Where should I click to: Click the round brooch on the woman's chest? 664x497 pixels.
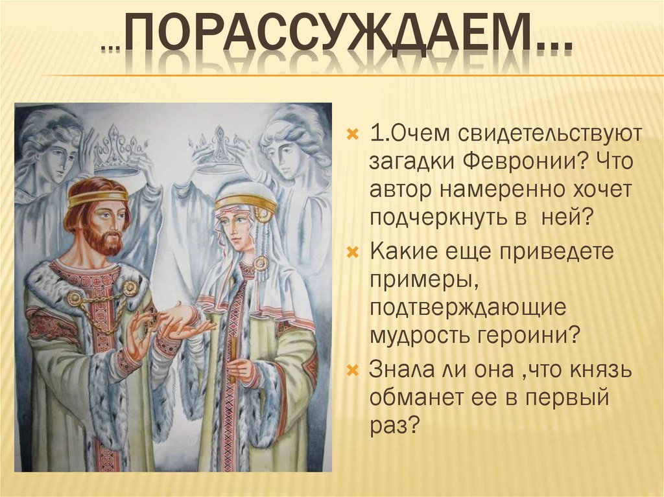point(261,263)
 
